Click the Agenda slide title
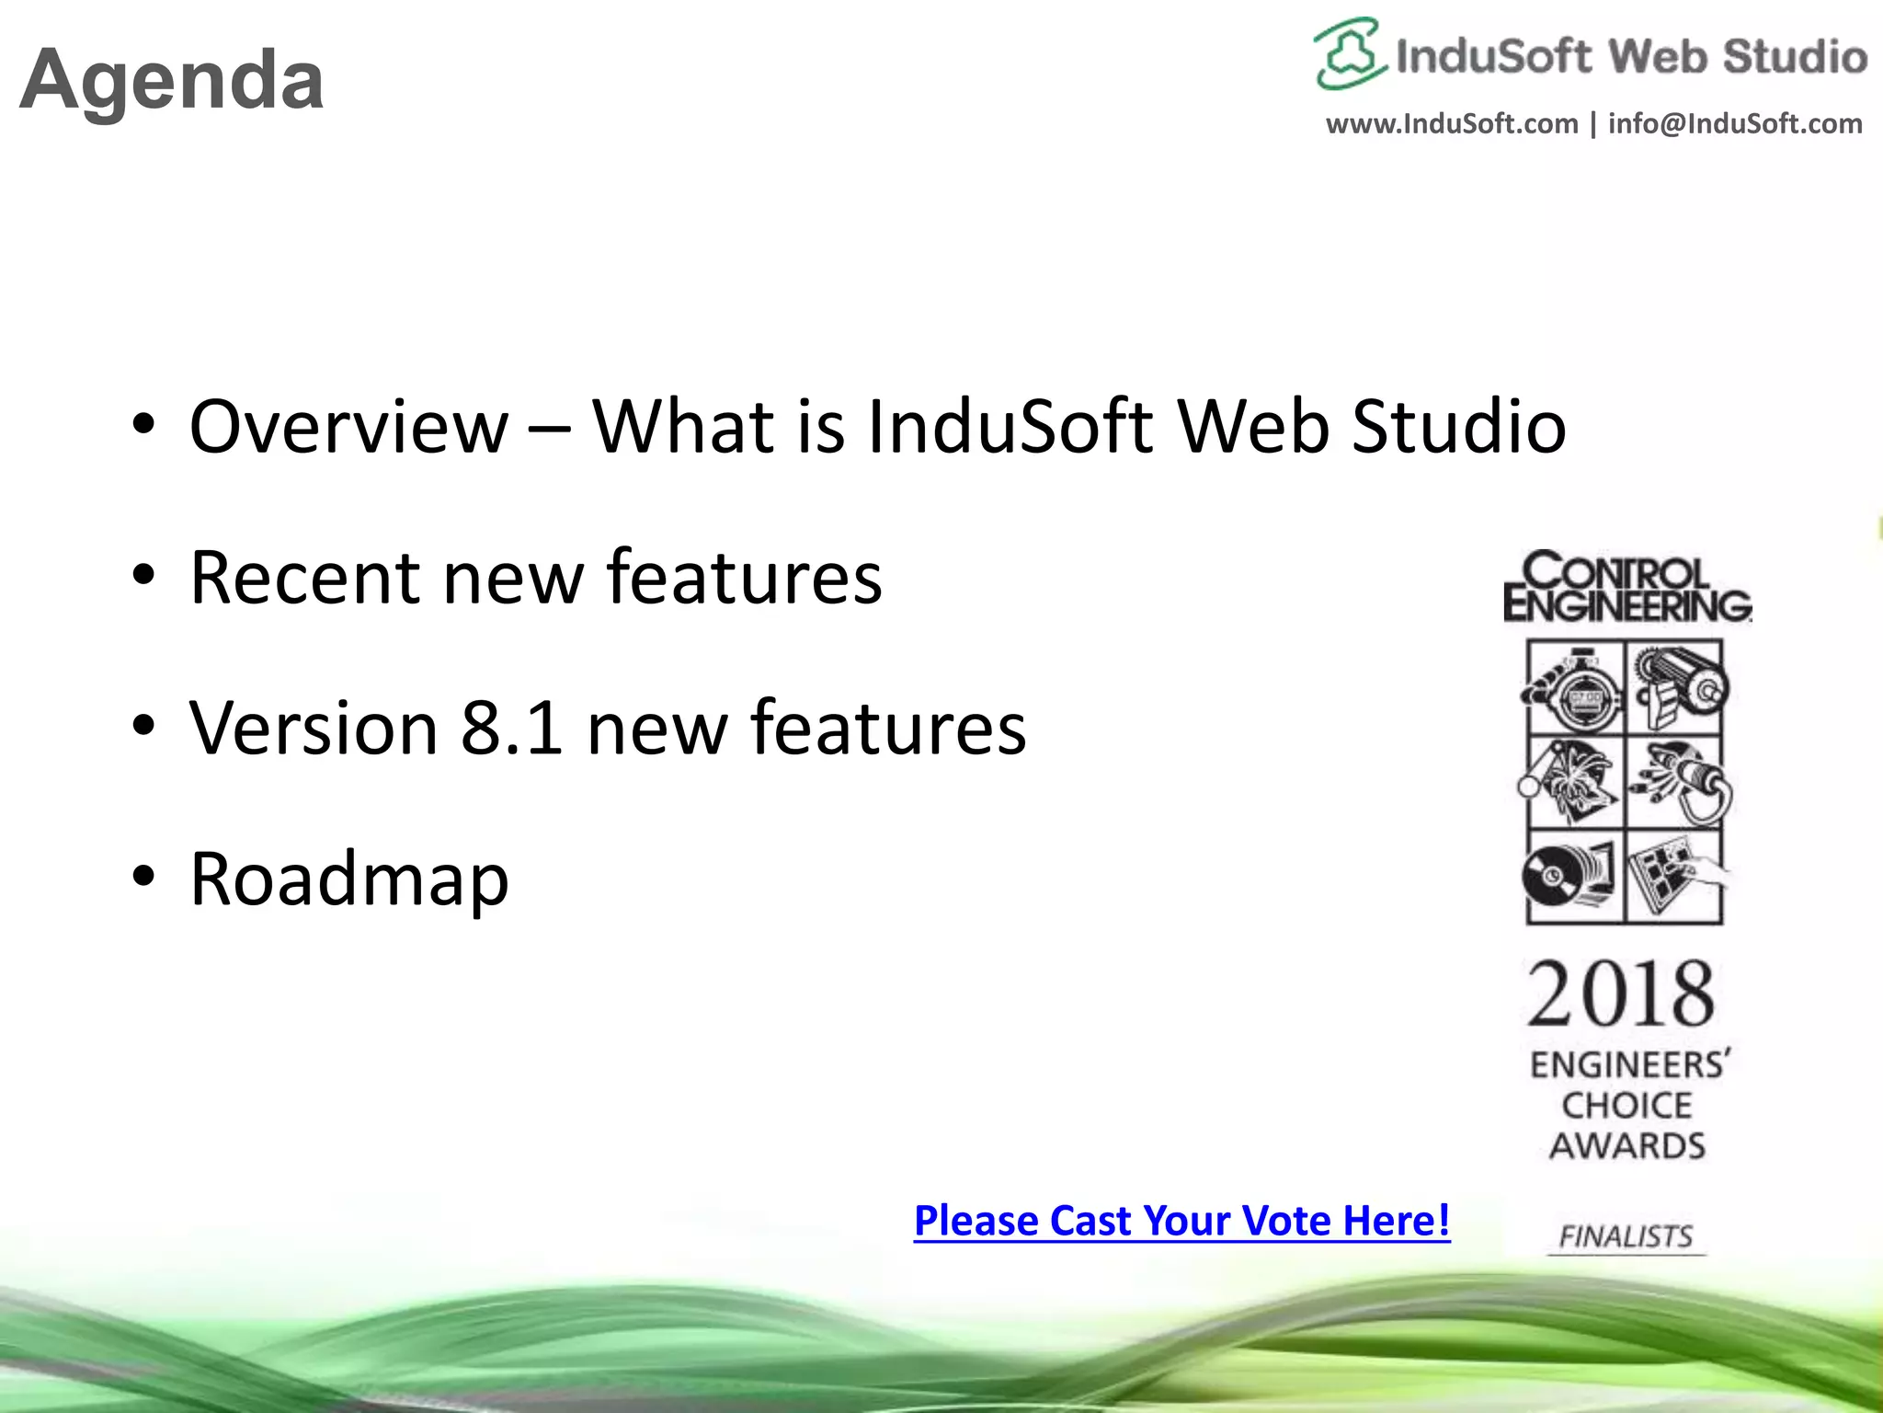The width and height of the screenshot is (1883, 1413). (x=172, y=81)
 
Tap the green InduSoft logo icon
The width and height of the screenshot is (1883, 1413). (x=1349, y=54)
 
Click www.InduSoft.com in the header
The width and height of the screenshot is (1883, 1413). (x=1452, y=124)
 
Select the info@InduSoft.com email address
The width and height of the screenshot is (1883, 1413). (x=1735, y=124)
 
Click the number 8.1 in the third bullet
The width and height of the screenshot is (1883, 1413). (x=512, y=728)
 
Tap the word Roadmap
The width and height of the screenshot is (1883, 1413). (x=349, y=879)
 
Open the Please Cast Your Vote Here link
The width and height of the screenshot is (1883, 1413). (x=1181, y=1221)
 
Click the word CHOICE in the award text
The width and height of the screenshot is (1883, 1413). (x=1626, y=1106)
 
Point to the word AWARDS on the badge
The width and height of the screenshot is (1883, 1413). (x=1627, y=1146)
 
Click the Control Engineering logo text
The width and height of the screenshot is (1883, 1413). (x=1626, y=587)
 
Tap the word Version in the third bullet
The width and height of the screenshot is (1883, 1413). (x=314, y=728)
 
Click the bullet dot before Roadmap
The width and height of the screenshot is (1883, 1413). (x=143, y=878)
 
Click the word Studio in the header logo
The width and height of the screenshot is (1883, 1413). (x=1795, y=57)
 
